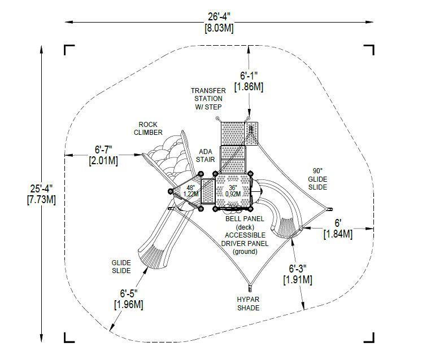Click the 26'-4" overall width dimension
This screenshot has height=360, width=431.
tap(219, 17)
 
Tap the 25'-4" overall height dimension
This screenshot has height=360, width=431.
tap(41, 188)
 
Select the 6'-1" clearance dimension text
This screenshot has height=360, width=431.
tap(249, 76)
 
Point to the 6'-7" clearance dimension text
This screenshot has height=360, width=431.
tap(103, 150)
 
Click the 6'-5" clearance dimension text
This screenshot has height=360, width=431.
tap(129, 293)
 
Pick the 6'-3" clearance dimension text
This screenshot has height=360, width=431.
tap(298, 268)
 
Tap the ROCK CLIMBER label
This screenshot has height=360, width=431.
tap(148, 129)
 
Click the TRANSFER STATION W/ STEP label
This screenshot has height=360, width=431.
tap(208, 99)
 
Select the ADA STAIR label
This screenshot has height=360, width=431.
tap(205, 155)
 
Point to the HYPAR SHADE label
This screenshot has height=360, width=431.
tap(248, 304)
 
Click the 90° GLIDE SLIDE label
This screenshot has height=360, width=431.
tap(317, 179)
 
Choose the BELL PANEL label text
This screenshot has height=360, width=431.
tap(245, 219)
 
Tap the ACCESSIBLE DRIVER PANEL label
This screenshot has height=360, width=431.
tap(245, 239)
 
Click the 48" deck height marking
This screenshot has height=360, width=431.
tap(191, 188)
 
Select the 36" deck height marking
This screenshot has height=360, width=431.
tap(233, 187)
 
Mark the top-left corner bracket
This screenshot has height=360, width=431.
tap(69, 50)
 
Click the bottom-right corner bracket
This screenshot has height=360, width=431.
tap(369, 338)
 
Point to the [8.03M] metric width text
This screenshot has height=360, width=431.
tap(219, 28)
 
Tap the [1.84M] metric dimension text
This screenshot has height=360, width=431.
tap(338, 234)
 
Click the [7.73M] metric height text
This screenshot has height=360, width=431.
tap(41, 200)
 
